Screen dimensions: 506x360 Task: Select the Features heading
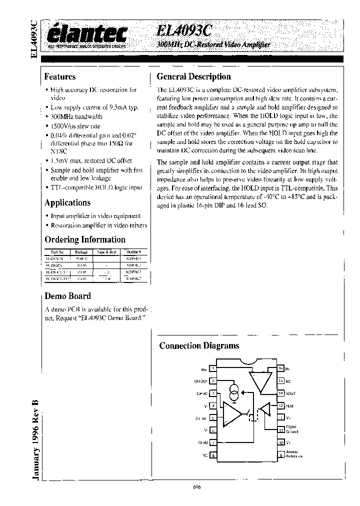coord(60,77)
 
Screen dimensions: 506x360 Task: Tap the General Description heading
coord(193,77)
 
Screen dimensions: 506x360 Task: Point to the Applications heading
coord(67,202)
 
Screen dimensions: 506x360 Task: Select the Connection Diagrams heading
coord(199,345)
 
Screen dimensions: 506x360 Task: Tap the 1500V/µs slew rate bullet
coord(75,125)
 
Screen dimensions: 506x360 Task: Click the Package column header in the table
coord(81,252)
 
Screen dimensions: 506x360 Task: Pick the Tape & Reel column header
coord(106,252)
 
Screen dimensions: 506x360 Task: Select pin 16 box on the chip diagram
coord(280,369)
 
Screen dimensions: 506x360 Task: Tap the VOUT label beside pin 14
coord(290,393)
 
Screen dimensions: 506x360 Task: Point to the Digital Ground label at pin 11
coord(291,429)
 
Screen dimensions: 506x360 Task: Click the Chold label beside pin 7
coord(202,442)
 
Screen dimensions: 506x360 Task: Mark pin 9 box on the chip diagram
coord(280,454)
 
